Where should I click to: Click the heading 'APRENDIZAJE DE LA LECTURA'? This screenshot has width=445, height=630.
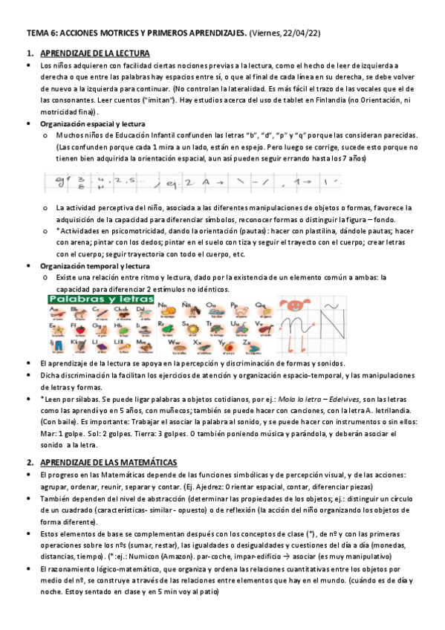[x=94, y=53]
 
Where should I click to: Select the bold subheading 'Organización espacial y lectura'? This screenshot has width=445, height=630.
[x=93, y=123]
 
